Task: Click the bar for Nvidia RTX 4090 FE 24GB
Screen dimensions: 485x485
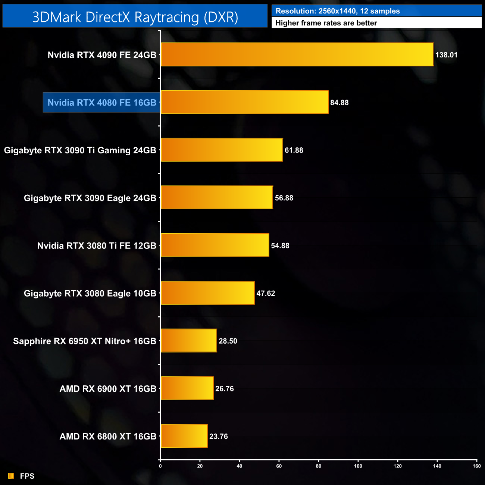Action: pos(297,54)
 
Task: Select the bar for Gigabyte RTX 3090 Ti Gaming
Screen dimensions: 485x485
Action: pos(222,150)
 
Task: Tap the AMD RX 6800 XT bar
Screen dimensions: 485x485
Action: pos(184,436)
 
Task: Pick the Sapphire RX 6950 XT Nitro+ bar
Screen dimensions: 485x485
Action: pos(188,340)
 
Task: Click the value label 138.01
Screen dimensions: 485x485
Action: pos(446,55)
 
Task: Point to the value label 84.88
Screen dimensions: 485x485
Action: pos(339,103)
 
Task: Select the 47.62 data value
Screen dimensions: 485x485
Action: pos(266,293)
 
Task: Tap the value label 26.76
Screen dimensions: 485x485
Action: pos(225,389)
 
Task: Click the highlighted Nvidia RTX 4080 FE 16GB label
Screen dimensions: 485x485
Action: pos(102,103)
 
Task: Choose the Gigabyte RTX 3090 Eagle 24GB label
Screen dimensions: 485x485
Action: pos(90,198)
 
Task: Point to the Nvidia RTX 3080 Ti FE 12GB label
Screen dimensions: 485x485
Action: pos(97,246)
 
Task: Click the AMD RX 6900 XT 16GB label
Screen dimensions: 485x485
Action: pos(108,389)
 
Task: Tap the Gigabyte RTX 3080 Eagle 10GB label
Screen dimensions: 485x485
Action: pos(90,294)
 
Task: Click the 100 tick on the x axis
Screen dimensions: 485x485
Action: pos(358,466)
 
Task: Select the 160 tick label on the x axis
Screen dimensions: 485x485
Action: pos(477,466)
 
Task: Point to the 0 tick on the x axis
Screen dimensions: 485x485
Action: pos(160,466)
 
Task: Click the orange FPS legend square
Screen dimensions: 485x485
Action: pos(11,476)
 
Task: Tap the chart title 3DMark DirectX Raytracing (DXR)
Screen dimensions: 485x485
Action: pos(135,17)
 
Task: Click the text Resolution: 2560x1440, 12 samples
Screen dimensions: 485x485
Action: pos(338,11)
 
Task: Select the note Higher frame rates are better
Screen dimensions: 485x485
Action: pos(326,23)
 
